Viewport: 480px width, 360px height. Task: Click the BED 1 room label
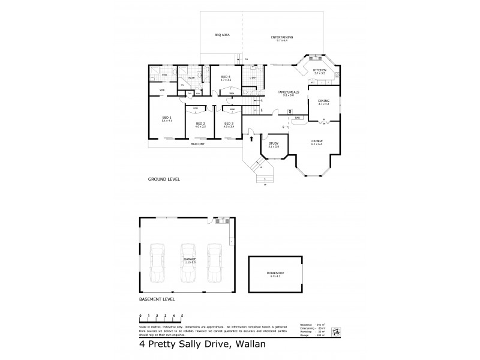pos(167,118)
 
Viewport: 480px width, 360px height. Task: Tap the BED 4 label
pos(226,77)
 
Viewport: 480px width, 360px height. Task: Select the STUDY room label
pos(274,143)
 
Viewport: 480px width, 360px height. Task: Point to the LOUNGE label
pos(317,140)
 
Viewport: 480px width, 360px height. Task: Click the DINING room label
pos(323,101)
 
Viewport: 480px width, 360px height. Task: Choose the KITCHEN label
pos(319,70)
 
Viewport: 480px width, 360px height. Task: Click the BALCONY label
pos(198,145)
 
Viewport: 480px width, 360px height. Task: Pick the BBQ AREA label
pos(222,35)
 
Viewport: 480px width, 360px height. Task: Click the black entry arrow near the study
pos(251,139)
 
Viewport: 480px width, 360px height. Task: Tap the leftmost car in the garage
pos(157,262)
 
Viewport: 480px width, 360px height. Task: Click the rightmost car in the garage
pos(214,262)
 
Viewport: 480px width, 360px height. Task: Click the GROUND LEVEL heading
pos(164,179)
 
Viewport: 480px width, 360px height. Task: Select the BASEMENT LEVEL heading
pos(158,298)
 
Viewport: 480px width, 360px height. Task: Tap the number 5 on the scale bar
pos(182,315)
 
